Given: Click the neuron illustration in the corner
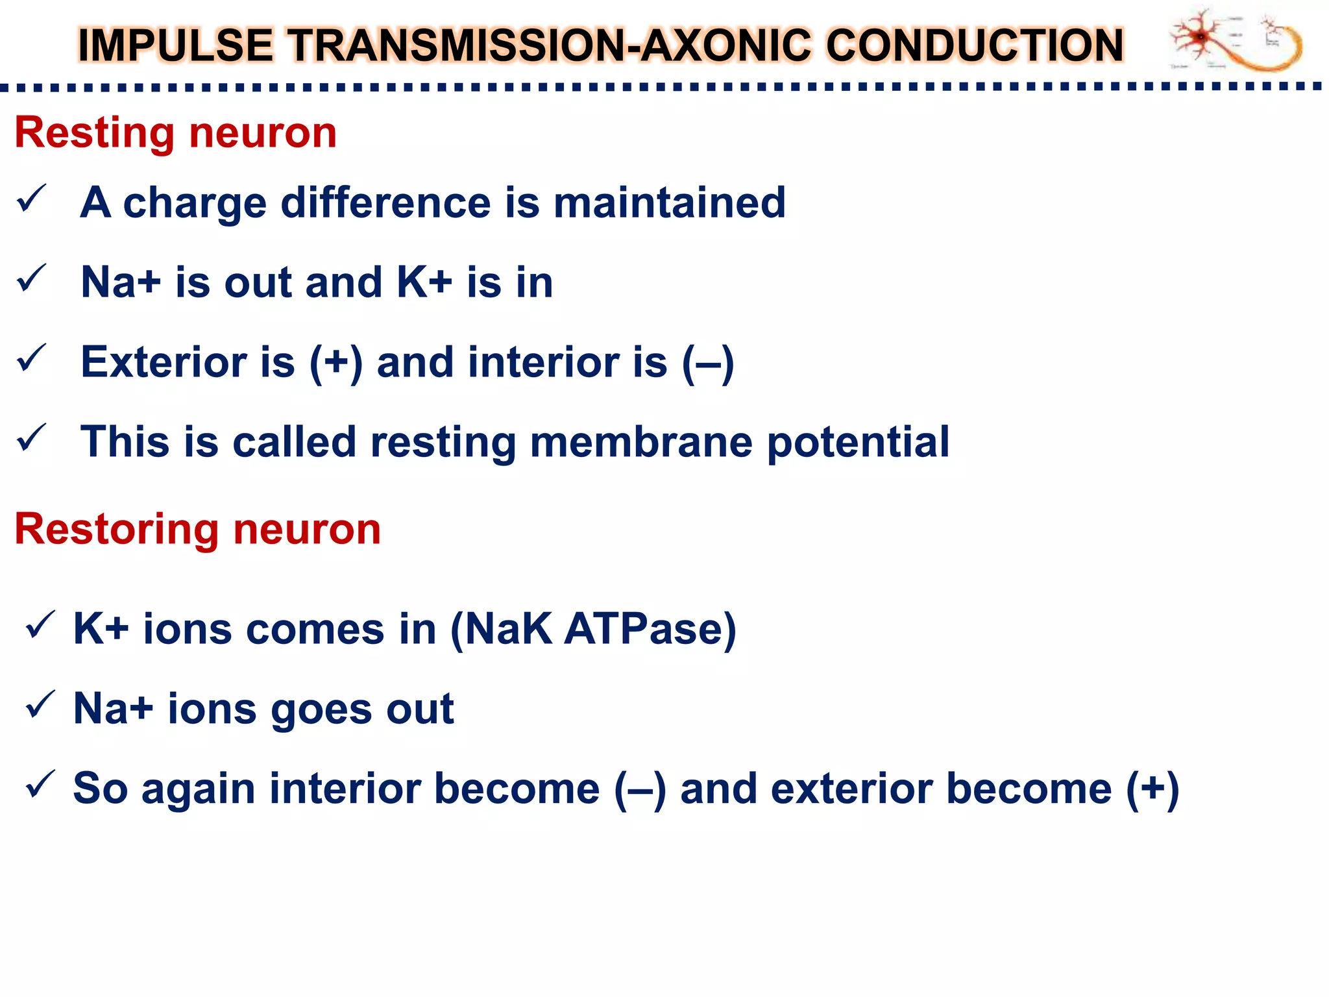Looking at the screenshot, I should [x=1236, y=40].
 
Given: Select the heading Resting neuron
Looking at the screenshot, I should [x=175, y=133].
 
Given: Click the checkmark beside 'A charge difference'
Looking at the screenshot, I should [x=31, y=199].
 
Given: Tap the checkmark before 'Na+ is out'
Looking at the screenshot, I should [x=31, y=278].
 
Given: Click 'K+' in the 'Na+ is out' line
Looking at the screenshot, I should [x=424, y=282].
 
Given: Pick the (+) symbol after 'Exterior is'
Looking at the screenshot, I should [x=335, y=362].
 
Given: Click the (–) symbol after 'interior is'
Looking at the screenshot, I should [x=708, y=362].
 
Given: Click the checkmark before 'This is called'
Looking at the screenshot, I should [x=31, y=438].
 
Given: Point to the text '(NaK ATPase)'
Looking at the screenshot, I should [x=593, y=629].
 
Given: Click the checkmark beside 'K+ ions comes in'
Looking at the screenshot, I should [x=40, y=625].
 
